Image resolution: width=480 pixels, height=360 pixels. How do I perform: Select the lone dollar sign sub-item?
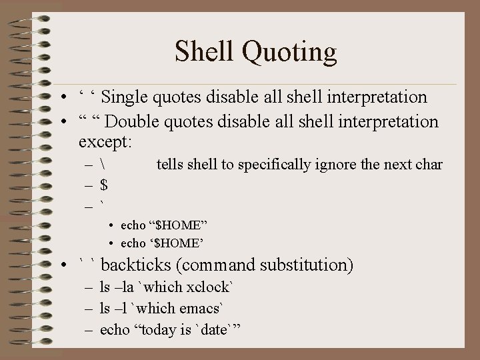tap(103, 185)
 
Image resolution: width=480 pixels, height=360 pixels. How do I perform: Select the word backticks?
tap(136, 265)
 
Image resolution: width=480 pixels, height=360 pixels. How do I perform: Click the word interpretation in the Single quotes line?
tap(377, 97)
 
